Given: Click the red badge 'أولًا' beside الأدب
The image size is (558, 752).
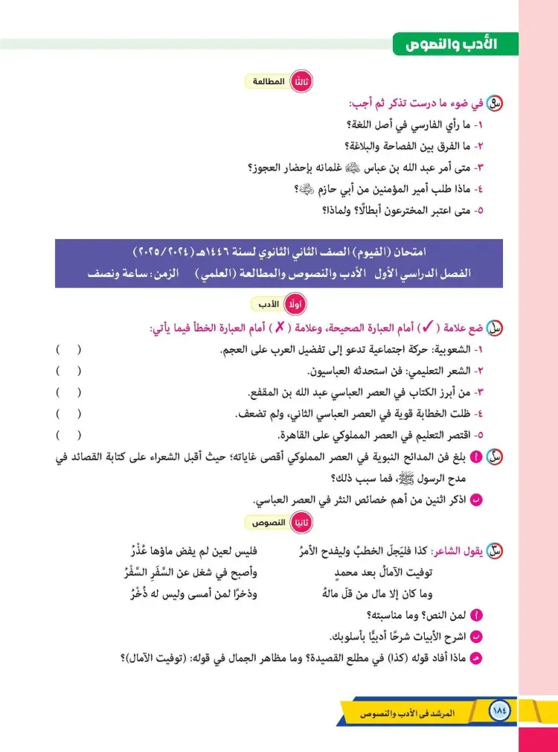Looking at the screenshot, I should pyautogui.click(x=297, y=305).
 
